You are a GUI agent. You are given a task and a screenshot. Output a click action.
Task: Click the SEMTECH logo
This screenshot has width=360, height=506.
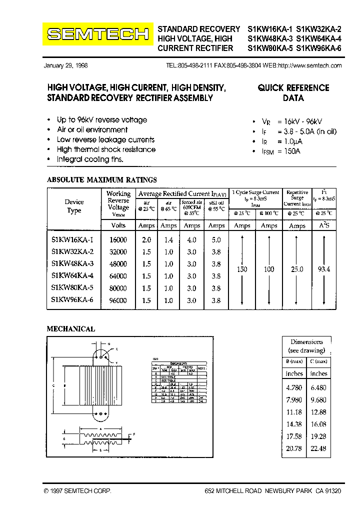pyautogui.click(x=97, y=34)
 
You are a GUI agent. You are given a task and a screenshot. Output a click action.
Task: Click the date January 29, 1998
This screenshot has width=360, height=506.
pyautogui.click(x=65, y=65)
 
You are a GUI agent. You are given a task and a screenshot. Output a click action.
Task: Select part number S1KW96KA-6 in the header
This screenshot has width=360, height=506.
pyautogui.click(x=319, y=48)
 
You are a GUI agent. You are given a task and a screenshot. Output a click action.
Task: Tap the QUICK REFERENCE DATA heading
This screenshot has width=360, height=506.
pyautogui.click(x=293, y=92)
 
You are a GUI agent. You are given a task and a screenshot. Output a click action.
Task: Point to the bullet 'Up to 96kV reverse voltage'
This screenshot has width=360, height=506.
pyautogui.click(x=101, y=120)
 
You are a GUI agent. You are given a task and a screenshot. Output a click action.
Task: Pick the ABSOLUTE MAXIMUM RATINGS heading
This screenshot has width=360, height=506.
pyautogui.click(x=101, y=179)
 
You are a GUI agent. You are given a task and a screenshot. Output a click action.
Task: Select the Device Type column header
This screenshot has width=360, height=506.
pyautogui.click(x=74, y=206)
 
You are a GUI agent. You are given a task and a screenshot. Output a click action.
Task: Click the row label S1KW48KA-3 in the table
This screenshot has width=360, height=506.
pyautogui.click(x=72, y=263)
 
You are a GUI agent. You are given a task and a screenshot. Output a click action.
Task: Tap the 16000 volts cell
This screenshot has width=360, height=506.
pyautogui.click(x=118, y=240)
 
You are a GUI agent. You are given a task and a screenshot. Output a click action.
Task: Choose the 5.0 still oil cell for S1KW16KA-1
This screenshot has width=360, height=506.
pyautogui.click(x=216, y=240)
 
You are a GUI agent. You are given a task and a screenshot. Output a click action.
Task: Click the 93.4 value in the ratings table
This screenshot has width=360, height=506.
pyautogui.click(x=324, y=269)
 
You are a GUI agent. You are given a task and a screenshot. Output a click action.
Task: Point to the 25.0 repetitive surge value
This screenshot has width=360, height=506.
pyautogui.click(x=297, y=269)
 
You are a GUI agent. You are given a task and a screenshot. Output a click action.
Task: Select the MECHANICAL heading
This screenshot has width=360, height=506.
pyautogui.click(x=70, y=329)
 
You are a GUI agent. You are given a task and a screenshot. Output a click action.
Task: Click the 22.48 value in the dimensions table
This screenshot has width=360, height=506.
pyautogui.click(x=318, y=448)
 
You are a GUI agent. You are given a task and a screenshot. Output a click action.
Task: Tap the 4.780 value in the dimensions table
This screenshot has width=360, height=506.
pyautogui.click(x=294, y=387)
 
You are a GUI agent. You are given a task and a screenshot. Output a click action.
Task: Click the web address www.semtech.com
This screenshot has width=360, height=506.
pyautogui.click(x=309, y=65)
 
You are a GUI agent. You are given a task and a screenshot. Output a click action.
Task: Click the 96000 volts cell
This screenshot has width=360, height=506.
pyautogui.click(x=118, y=300)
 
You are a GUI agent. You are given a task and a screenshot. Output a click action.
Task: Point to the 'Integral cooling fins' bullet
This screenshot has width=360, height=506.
pyautogui.click(x=90, y=159)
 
